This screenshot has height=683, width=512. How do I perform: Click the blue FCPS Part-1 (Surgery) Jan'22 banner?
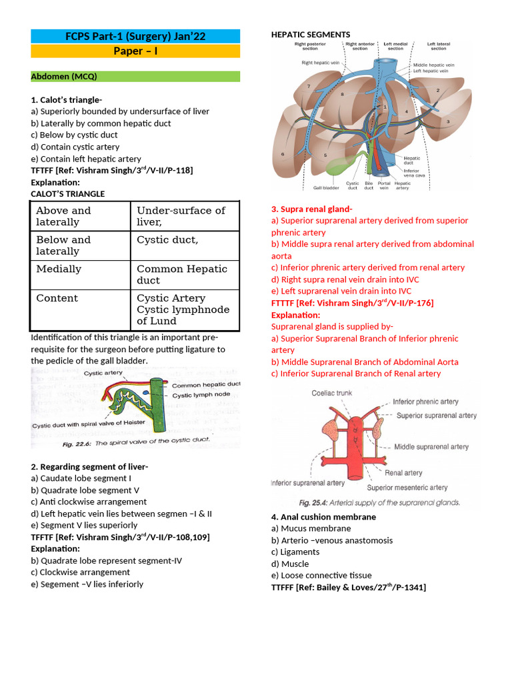coord(135,35)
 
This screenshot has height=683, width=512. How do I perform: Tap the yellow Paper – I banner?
coord(135,51)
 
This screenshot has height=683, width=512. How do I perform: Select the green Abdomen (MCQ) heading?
coord(135,77)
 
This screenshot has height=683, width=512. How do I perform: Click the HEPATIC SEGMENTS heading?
coord(310,35)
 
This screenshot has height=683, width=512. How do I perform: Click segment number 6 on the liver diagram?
coord(283,154)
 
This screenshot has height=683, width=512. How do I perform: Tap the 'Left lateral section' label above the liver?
coord(438,45)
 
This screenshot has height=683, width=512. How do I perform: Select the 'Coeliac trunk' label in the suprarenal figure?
coord(331,393)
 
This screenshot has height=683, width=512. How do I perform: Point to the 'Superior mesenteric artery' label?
coord(407,488)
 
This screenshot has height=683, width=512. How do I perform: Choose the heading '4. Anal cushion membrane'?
coord(323,517)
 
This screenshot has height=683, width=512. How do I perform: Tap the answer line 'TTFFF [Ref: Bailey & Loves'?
coord(348,587)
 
